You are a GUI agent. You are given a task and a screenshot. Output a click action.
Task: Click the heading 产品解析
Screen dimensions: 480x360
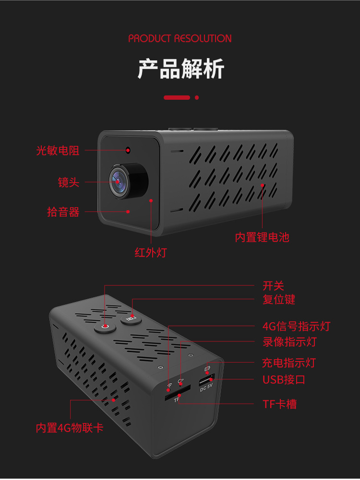180,69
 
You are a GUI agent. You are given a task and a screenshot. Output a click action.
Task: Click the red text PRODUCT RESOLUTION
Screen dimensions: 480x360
180,38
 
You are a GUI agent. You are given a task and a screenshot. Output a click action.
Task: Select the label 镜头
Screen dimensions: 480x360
69,183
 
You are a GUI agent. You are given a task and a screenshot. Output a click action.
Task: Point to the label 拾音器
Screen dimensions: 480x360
63,212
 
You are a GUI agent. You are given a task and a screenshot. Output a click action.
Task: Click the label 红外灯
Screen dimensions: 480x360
150,252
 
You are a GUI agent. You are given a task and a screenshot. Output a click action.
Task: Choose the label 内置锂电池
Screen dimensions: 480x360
262,237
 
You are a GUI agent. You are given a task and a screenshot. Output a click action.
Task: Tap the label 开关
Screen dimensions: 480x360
273,286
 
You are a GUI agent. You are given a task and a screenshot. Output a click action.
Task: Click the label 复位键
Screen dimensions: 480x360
278,300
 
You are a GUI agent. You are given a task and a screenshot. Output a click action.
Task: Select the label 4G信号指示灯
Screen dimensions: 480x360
296,327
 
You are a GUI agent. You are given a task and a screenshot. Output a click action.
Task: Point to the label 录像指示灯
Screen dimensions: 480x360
289,342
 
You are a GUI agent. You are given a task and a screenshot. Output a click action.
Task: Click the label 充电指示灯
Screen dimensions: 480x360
289,363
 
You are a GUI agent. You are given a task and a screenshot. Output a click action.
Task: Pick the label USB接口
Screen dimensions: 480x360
284,380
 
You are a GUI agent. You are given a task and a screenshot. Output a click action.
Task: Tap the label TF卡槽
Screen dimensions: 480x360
279,404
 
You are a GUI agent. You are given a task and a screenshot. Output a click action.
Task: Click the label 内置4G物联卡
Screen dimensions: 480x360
70,428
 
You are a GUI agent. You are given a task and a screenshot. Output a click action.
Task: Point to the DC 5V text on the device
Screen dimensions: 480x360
206,390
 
